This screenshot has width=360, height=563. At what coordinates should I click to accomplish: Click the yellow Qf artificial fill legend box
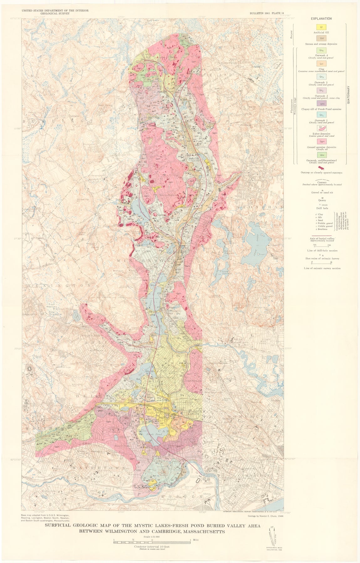point(321,27)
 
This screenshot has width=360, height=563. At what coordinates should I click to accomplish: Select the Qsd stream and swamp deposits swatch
point(321,39)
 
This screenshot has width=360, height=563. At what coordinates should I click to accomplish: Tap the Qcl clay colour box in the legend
point(321,63)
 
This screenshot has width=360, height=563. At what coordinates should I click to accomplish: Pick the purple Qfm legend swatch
point(321,104)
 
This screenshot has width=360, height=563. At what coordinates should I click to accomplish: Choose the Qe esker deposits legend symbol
point(321,128)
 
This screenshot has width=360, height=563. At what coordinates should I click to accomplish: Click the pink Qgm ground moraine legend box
point(321,141)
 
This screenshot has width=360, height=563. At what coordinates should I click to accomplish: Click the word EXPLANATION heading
point(321,18)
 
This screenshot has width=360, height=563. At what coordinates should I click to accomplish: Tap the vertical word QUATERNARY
point(348,95)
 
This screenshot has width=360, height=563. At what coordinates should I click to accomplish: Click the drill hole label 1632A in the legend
point(322,205)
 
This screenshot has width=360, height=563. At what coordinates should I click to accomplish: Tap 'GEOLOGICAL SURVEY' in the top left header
point(55,14)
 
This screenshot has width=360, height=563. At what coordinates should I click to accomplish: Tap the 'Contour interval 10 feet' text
point(152,546)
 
